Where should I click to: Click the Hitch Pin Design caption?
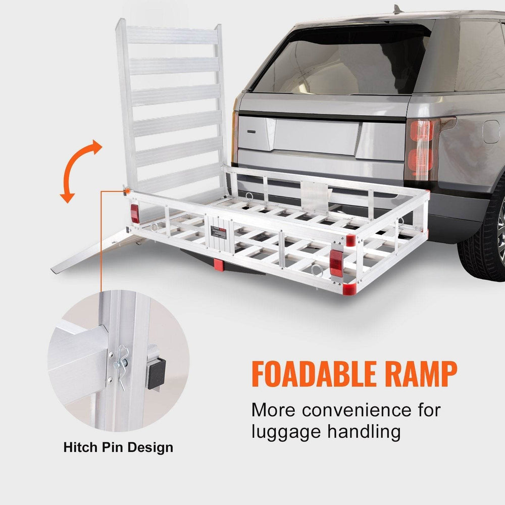(118, 447)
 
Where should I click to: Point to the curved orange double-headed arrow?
(81, 172)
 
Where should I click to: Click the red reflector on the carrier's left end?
(135, 214)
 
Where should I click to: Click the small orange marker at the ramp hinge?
(126, 190)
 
